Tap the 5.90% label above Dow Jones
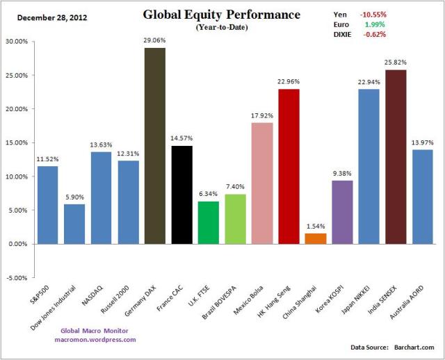click(76, 197)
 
